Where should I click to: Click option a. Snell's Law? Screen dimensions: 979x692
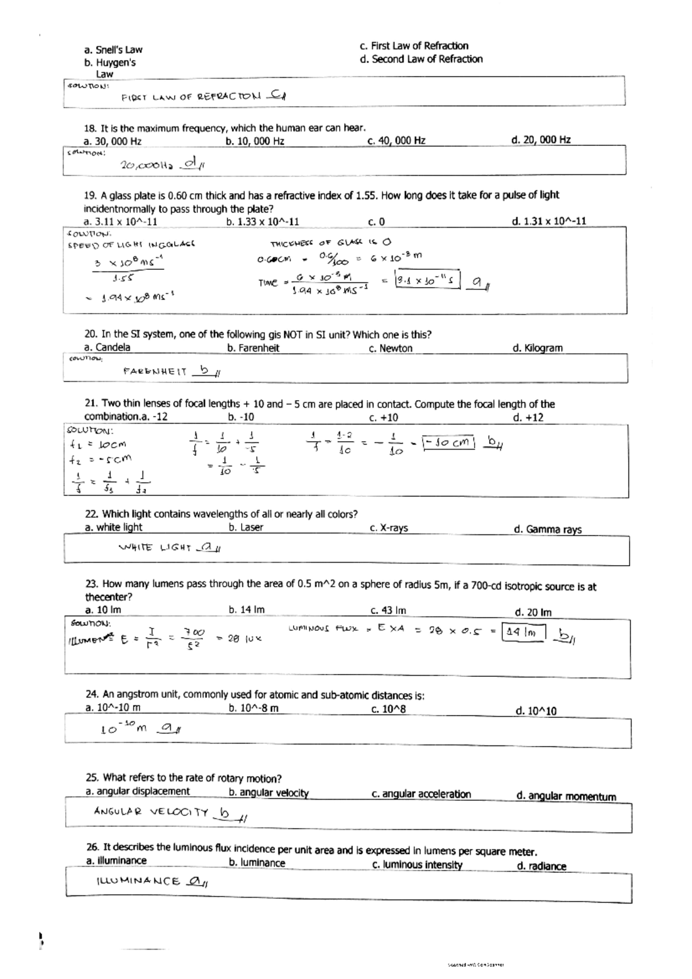[113, 50]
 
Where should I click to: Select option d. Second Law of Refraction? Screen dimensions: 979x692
[421, 59]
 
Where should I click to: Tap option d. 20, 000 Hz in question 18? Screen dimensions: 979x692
[541, 140]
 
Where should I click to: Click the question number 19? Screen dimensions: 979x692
[90, 195]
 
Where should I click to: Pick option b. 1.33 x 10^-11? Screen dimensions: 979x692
[264, 221]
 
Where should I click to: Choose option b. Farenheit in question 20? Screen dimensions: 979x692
[254, 348]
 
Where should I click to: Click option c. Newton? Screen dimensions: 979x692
[391, 348]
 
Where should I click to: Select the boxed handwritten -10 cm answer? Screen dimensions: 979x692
[448, 443]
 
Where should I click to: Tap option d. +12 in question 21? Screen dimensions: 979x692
[528, 417]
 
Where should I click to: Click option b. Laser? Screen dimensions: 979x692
[246, 528]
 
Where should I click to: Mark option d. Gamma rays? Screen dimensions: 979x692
[548, 529]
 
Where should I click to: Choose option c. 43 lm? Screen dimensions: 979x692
[388, 611]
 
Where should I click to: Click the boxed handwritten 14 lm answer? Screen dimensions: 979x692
[523, 632]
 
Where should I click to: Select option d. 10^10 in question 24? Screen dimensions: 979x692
[536, 711]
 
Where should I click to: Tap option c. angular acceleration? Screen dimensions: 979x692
[421, 794]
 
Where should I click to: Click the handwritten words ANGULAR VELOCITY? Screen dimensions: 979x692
[151, 812]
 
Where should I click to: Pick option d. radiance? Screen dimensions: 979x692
[541, 866]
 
